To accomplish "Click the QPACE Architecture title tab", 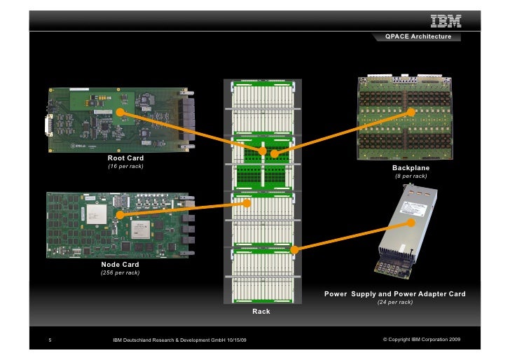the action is click(418, 36).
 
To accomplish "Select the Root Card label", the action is click(125, 159).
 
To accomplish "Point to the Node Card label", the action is click(120, 264).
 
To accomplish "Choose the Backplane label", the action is click(411, 168).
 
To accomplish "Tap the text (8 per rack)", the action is click(411, 176).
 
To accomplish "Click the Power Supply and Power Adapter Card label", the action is click(394, 293).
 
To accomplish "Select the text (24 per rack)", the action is click(394, 302).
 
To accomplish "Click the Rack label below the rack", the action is click(261, 310).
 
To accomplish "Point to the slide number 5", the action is click(50, 340).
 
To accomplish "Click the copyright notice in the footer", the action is click(422, 340).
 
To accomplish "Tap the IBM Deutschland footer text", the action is click(179, 340).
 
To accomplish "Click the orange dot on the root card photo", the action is click(120, 112).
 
